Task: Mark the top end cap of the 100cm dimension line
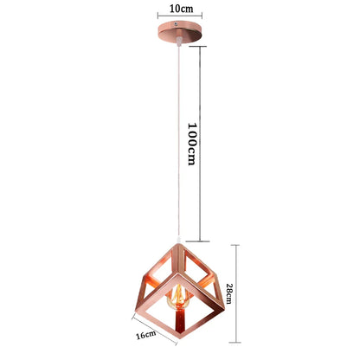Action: pos(201,46)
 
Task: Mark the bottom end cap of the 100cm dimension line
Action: pos(201,241)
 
